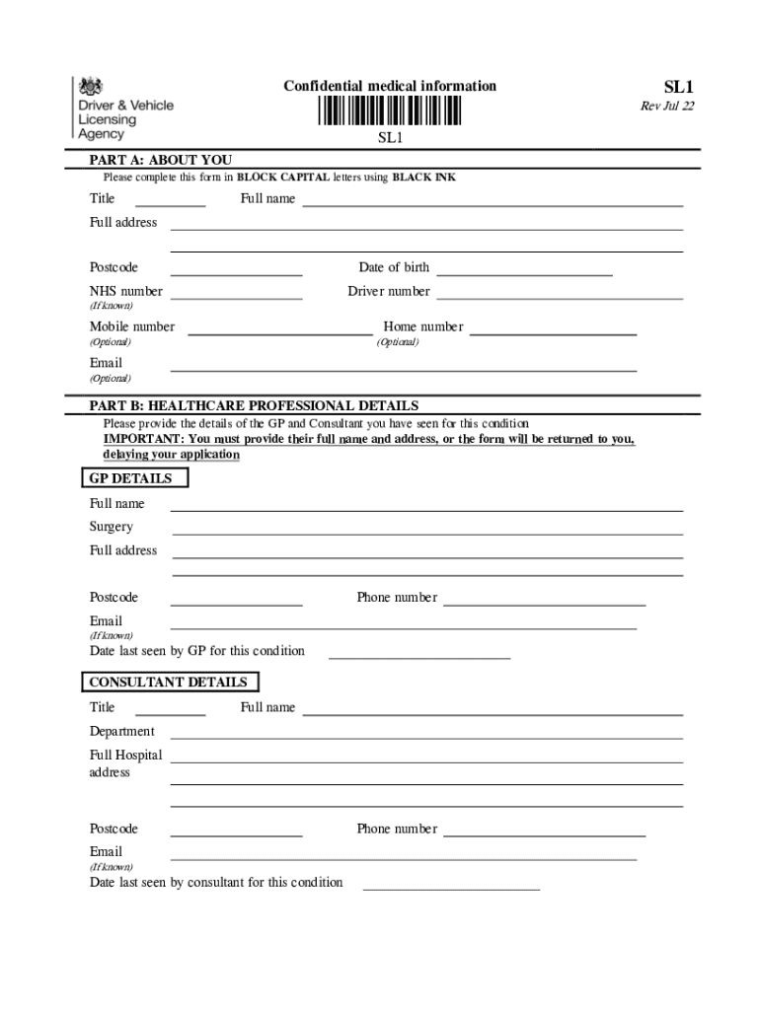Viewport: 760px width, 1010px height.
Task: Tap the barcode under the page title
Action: point(389,110)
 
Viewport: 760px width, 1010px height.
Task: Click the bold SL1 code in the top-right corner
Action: point(677,87)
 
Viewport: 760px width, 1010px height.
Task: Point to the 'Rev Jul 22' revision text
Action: point(667,107)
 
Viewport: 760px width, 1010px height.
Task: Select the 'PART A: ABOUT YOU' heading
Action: point(161,160)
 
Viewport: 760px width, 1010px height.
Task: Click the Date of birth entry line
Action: point(524,272)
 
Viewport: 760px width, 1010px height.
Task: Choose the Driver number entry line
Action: point(560,296)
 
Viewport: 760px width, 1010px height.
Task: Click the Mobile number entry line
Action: point(279,332)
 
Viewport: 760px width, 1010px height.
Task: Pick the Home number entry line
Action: point(553,332)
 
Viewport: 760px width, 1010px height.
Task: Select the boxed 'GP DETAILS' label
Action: point(132,478)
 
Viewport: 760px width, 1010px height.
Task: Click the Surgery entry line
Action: point(426,533)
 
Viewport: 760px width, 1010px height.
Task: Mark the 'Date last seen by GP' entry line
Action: point(418,655)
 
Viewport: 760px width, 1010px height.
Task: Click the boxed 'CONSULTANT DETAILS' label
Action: point(169,683)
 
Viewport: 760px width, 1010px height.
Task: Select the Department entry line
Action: point(426,736)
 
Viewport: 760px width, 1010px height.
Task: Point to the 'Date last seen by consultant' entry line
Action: point(451,887)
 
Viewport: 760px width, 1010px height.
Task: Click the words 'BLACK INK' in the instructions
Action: point(424,179)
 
